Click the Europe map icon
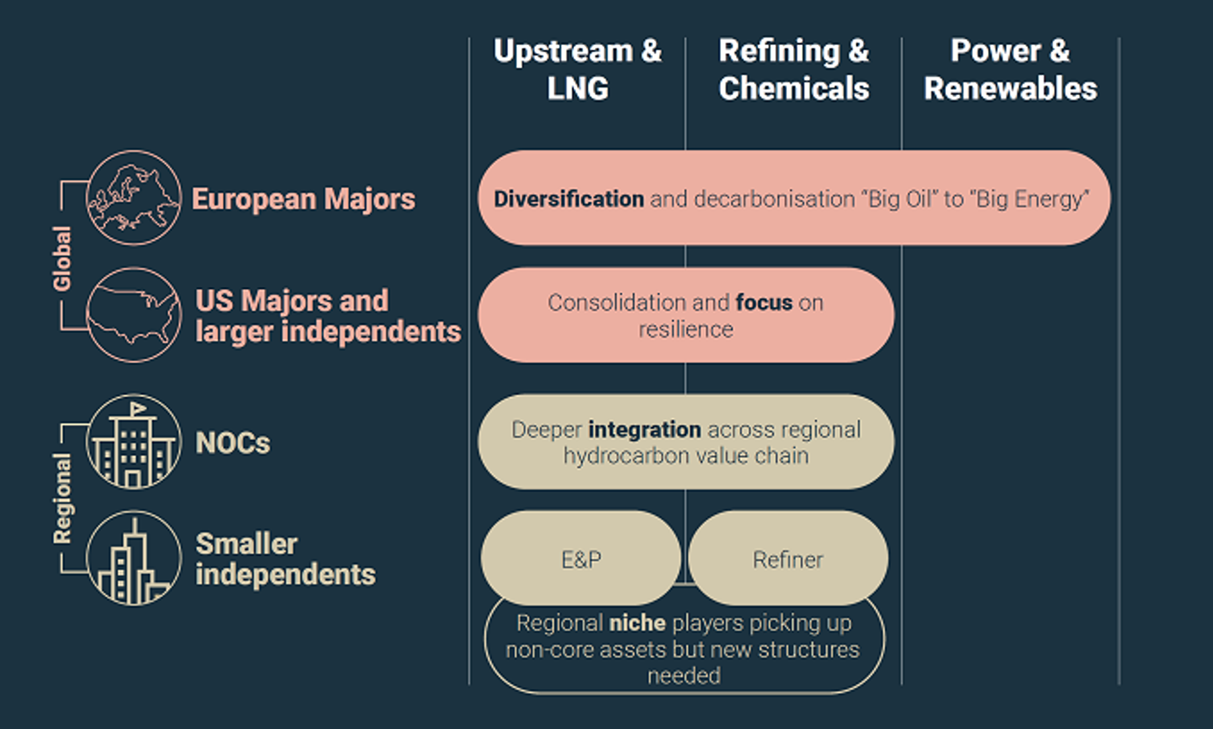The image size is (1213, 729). click(x=133, y=198)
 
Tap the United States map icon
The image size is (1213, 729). click(x=133, y=315)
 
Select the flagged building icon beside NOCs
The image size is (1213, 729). click(x=133, y=442)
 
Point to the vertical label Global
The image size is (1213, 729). click(x=62, y=258)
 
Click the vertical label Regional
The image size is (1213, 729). click(x=62, y=498)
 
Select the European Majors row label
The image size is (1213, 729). click(x=303, y=199)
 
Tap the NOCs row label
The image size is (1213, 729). click(x=232, y=443)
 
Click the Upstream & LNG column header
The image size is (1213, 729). click(x=578, y=69)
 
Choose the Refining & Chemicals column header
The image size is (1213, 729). click(x=794, y=69)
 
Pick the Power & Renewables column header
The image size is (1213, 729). click(x=1010, y=69)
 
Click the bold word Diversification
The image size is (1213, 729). click(x=569, y=199)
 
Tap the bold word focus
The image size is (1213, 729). click(x=764, y=303)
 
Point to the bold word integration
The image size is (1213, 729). click(x=644, y=429)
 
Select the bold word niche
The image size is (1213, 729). click(x=637, y=623)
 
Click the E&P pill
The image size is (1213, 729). click(x=581, y=559)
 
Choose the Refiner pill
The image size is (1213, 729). click(x=788, y=559)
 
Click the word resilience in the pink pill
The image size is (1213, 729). click(x=685, y=329)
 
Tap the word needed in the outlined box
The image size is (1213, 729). click(x=684, y=675)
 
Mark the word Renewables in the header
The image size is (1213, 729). click(x=1010, y=89)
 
